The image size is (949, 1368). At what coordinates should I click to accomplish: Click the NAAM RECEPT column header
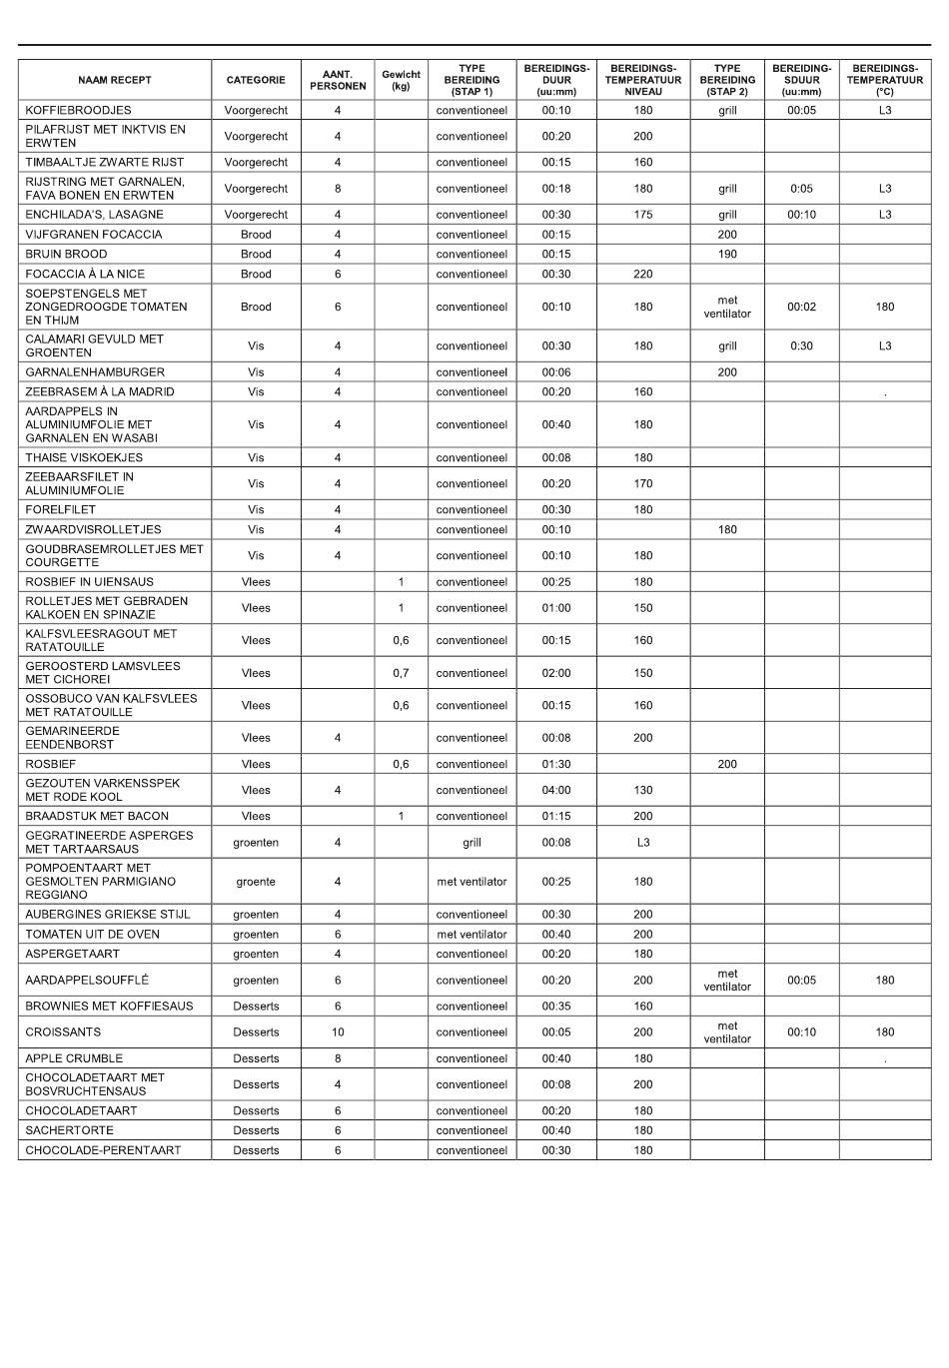pyautogui.click(x=115, y=80)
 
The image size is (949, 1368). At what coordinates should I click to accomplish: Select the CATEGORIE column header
pyautogui.click(x=256, y=80)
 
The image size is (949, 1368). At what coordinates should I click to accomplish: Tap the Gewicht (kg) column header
pyautogui.click(x=401, y=80)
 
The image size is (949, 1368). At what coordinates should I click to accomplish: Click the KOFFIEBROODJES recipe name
pyautogui.click(x=78, y=111)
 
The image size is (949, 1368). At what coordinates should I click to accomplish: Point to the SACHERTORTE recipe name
pyautogui.click(x=69, y=1130)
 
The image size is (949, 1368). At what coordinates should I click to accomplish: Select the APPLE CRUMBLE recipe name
pyautogui.click(x=74, y=1058)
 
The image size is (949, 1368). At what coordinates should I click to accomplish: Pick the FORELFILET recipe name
pyautogui.click(x=60, y=510)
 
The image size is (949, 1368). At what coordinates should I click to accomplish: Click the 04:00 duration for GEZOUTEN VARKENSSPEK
pyautogui.click(x=556, y=790)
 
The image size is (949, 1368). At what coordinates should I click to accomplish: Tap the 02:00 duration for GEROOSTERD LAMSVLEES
pyautogui.click(x=556, y=673)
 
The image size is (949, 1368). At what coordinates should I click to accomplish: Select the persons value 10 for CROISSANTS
pyautogui.click(x=338, y=1032)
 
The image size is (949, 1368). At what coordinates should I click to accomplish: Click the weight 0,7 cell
pyautogui.click(x=401, y=673)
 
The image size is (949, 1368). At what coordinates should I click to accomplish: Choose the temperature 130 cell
pyautogui.click(x=643, y=790)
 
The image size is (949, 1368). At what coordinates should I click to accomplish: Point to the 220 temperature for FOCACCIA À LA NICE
pyautogui.click(x=643, y=274)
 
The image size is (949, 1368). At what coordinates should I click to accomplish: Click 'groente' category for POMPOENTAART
pyautogui.click(x=256, y=882)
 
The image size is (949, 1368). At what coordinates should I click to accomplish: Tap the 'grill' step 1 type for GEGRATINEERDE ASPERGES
pyautogui.click(x=472, y=843)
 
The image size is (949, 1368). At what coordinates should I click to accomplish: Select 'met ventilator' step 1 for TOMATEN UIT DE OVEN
pyautogui.click(x=472, y=935)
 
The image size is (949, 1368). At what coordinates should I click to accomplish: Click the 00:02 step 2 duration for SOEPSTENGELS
pyautogui.click(x=801, y=307)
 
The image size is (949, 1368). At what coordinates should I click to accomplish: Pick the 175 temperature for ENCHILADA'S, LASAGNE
pyautogui.click(x=643, y=215)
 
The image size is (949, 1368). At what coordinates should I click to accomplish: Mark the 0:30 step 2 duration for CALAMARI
pyautogui.click(x=801, y=346)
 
